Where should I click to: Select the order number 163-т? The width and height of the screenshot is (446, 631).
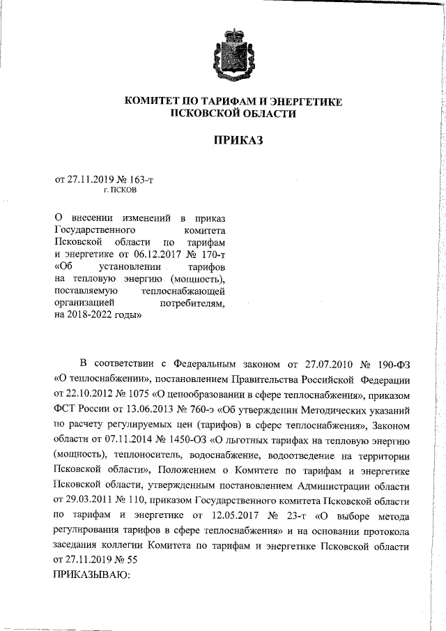click(x=139, y=179)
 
